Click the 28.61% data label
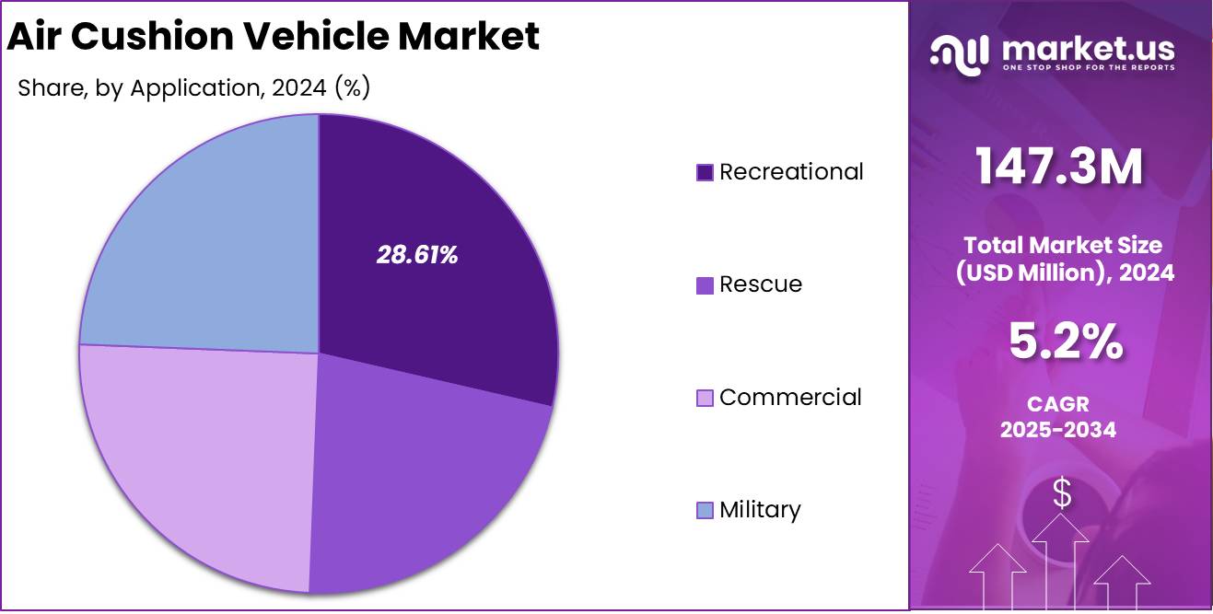click(x=416, y=256)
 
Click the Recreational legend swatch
click(x=706, y=172)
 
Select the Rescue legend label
click(x=761, y=284)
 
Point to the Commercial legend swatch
click(x=706, y=398)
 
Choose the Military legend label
click(x=760, y=510)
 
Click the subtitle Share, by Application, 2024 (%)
click(x=193, y=88)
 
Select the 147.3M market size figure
click(x=1060, y=168)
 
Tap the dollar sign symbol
click(x=1062, y=494)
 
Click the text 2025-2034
click(x=1058, y=429)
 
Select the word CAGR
click(x=1058, y=404)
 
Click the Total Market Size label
click(x=1062, y=246)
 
